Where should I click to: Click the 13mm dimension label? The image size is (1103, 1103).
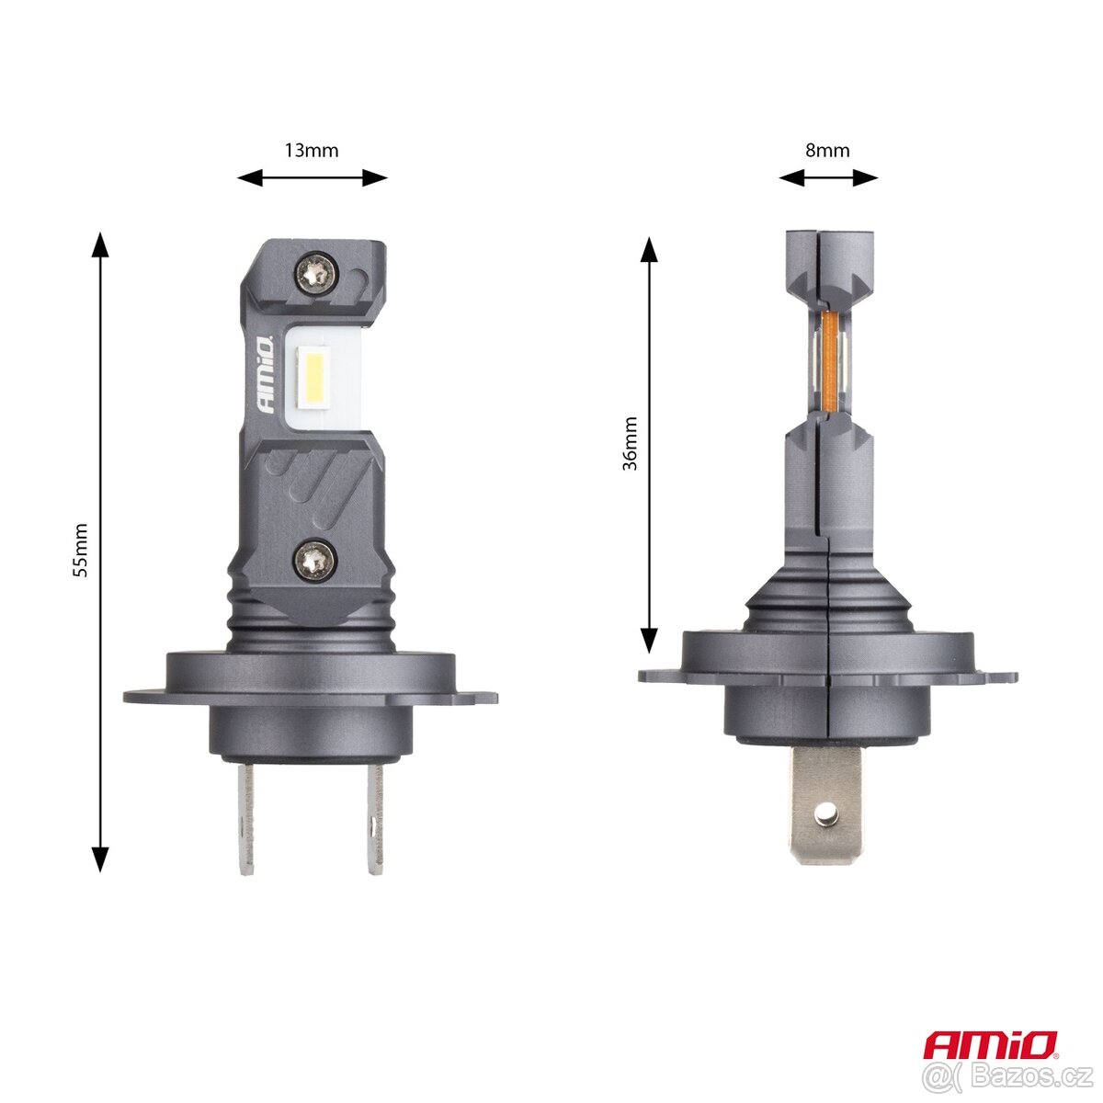tap(312, 150)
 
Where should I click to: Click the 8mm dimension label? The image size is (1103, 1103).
tap(827, 150)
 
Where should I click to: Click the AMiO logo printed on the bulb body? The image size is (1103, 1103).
tap(264, 377)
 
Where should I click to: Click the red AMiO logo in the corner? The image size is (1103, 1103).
tap(990, 1044)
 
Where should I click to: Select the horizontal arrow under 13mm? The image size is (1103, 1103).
tap(313, 177)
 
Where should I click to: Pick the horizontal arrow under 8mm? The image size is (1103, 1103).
tap(828, 177)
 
